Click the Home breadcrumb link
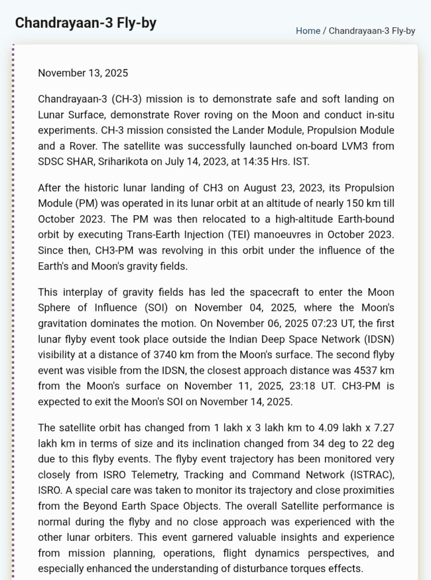[308, 31]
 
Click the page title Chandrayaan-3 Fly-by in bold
[86, 23]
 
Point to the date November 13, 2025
[83, 73]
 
